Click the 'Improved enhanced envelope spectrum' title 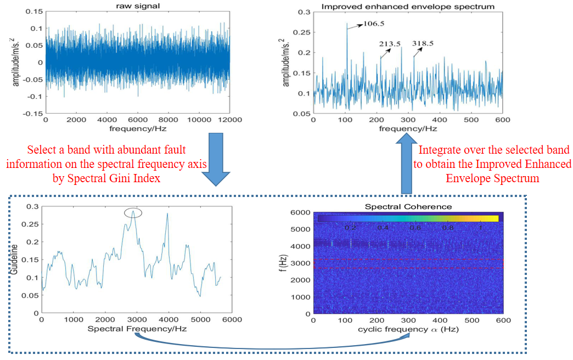pos(407,7)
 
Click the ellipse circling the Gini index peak pos(133,213)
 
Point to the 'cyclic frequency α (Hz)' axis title pos(408,329)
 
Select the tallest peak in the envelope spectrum pos(347,24)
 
